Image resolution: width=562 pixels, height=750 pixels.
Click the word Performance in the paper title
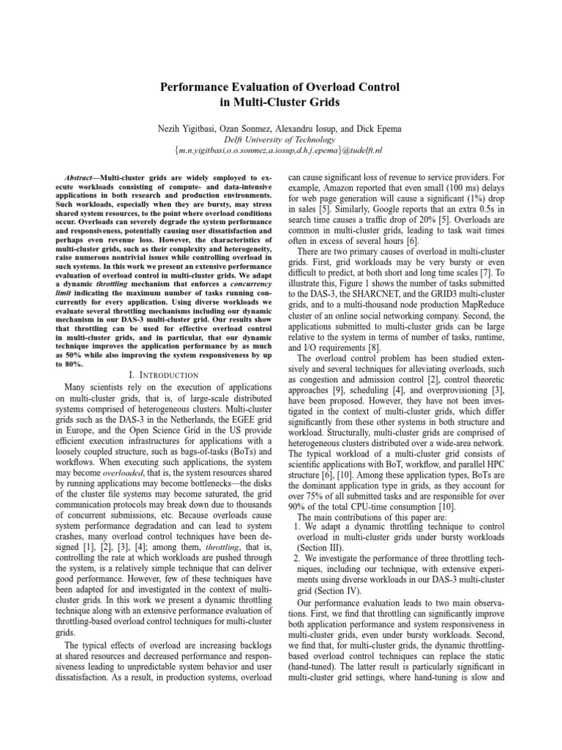tap(195, 87)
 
